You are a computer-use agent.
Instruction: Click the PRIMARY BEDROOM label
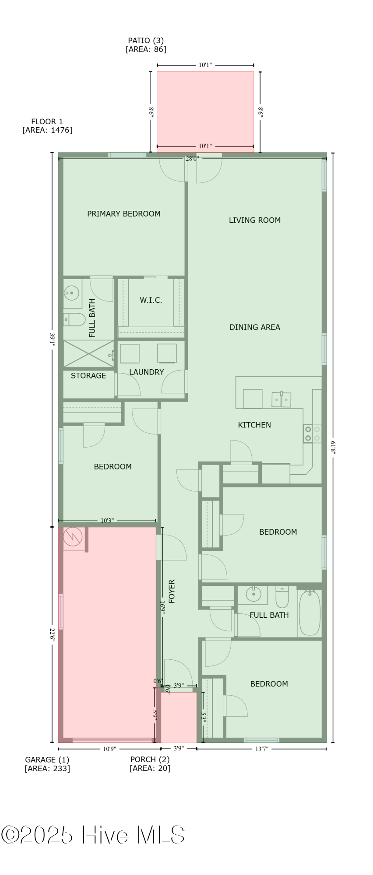pos(124,214)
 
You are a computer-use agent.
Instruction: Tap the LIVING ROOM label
pos(255,220)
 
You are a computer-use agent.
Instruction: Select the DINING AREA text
pos(255,327)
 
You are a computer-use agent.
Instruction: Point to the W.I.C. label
pos(151,300)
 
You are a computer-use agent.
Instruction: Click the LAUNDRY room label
pos(147,372)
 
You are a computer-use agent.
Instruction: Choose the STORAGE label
pos(88,376)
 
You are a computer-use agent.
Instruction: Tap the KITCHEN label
pos(254,425)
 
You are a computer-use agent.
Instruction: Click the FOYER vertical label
pos(172,591)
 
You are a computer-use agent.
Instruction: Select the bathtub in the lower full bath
pos(310,613)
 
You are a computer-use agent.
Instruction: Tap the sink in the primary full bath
pos(72,292)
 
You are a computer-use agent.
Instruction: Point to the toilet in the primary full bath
pos(74,320)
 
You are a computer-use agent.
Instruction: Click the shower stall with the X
pos(89,353)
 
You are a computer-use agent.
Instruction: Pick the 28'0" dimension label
pos(192,158)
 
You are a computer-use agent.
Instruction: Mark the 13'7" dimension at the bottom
pos(262,749)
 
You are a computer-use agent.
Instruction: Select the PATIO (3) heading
pos(146,41)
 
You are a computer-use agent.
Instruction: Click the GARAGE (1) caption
pos(47,760)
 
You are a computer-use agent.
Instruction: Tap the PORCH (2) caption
pos(150,760)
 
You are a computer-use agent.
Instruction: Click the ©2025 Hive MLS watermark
pos(93,835)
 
